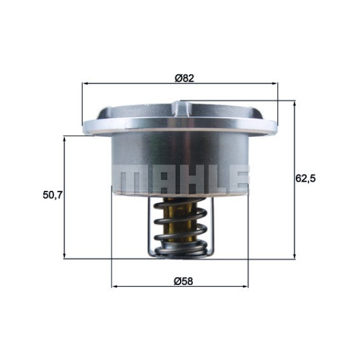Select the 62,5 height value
point(306,178)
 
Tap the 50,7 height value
point(53,195)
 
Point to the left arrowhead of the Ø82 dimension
point(85,84)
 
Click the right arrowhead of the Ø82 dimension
point(275,84)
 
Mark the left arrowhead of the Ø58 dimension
point(115,286)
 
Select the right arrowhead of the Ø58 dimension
point(245,286)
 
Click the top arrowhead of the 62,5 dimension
point(295,104)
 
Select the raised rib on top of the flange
point(180,109)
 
